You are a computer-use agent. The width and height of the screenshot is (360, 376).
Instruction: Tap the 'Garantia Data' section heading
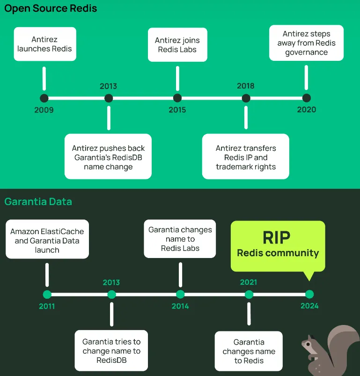click(38, 202)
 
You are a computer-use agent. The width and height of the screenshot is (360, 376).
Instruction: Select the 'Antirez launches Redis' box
click(45, 44)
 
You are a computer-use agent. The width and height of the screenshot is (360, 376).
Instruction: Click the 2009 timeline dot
click(44, 98)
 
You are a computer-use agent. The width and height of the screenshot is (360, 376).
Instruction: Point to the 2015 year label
click(177, 110)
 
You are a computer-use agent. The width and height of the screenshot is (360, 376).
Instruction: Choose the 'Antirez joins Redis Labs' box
click(178, 44)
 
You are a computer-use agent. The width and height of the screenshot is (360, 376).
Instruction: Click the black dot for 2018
click(246, 98)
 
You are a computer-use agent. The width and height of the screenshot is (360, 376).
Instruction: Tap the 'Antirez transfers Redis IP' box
click(246, 157)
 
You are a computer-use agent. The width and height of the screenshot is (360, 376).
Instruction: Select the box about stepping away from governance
click(307, 43)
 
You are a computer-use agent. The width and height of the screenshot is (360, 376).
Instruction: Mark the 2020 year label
click(307, 110)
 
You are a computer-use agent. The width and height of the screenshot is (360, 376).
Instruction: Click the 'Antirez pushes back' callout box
click(108, 157)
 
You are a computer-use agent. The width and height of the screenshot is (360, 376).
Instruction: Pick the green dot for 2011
click(47, 295)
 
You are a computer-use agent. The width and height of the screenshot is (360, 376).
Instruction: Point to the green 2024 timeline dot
click(309, 295)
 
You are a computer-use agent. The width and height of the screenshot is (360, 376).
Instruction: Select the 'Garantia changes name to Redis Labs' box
click(180, 239)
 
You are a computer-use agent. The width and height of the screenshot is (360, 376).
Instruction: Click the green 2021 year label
click(249, 282)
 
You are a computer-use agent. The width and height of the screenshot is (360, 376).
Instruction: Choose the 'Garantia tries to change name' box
click(111, 351)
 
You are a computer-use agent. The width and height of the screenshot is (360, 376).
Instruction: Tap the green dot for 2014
click(180, 295)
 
